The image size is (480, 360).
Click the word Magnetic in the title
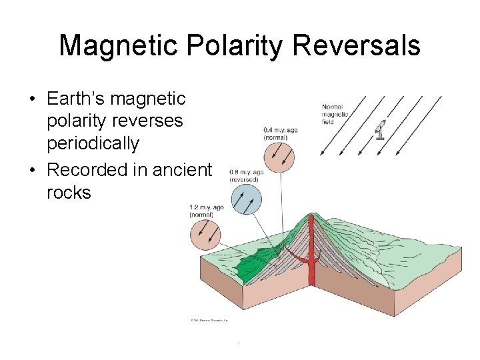click(x=119, y=46)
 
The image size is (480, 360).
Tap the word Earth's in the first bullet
click(x=76, y=99)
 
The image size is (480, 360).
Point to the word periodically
click(x=93, y=144)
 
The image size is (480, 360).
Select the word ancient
click(x=182, y=170)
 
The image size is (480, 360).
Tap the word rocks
click(x=69, y=193)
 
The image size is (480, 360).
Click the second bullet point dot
click(x=32, y=171)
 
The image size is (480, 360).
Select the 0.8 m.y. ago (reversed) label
click(x=246, y=175)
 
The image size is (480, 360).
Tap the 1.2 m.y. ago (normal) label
click(x=206, y=211)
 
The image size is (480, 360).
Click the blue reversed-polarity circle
click(x=246, y=200)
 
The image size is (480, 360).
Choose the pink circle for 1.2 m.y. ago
click(x=205, y=235)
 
